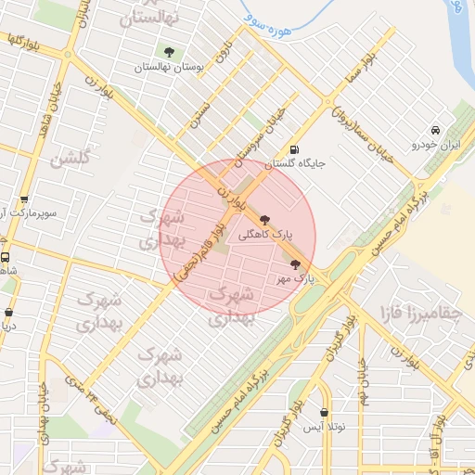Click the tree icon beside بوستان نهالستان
coord(169,52)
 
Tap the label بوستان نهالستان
coord(167,67)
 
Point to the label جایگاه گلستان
coord(295,164)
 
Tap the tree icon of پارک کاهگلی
coord(266,221)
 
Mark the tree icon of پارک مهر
coord(296,264)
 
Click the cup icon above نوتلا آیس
coord(324,412)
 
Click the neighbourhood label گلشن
coord(72,159)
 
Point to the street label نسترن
coord(200,111)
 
